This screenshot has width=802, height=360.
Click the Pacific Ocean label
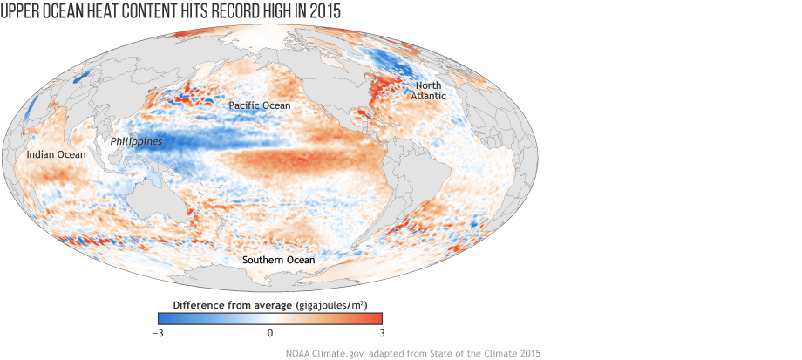pos(260,105)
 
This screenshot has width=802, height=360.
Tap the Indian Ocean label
pos(56,154)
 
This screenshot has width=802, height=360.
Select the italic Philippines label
pos(136,140)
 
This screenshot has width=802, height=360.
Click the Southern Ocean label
pos(279,260)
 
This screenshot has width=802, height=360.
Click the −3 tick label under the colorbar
pos(159,333)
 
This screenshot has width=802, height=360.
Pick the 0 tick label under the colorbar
pos(270,333)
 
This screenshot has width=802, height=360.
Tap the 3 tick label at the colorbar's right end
pos(381,333)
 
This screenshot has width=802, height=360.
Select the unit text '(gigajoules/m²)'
pos(331,304)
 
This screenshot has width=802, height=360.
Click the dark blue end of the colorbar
pos(162,318)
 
